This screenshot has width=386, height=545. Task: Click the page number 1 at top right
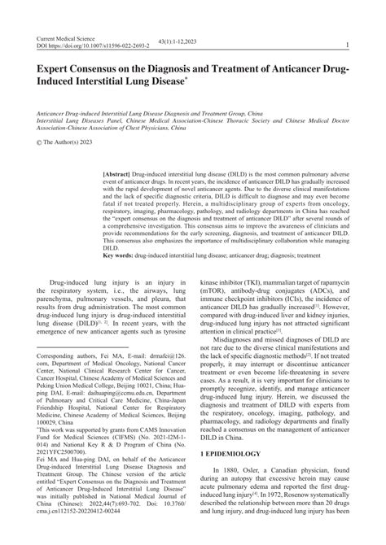(x=348, y=47)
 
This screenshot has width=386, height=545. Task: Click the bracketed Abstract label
(x=122, y=175)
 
